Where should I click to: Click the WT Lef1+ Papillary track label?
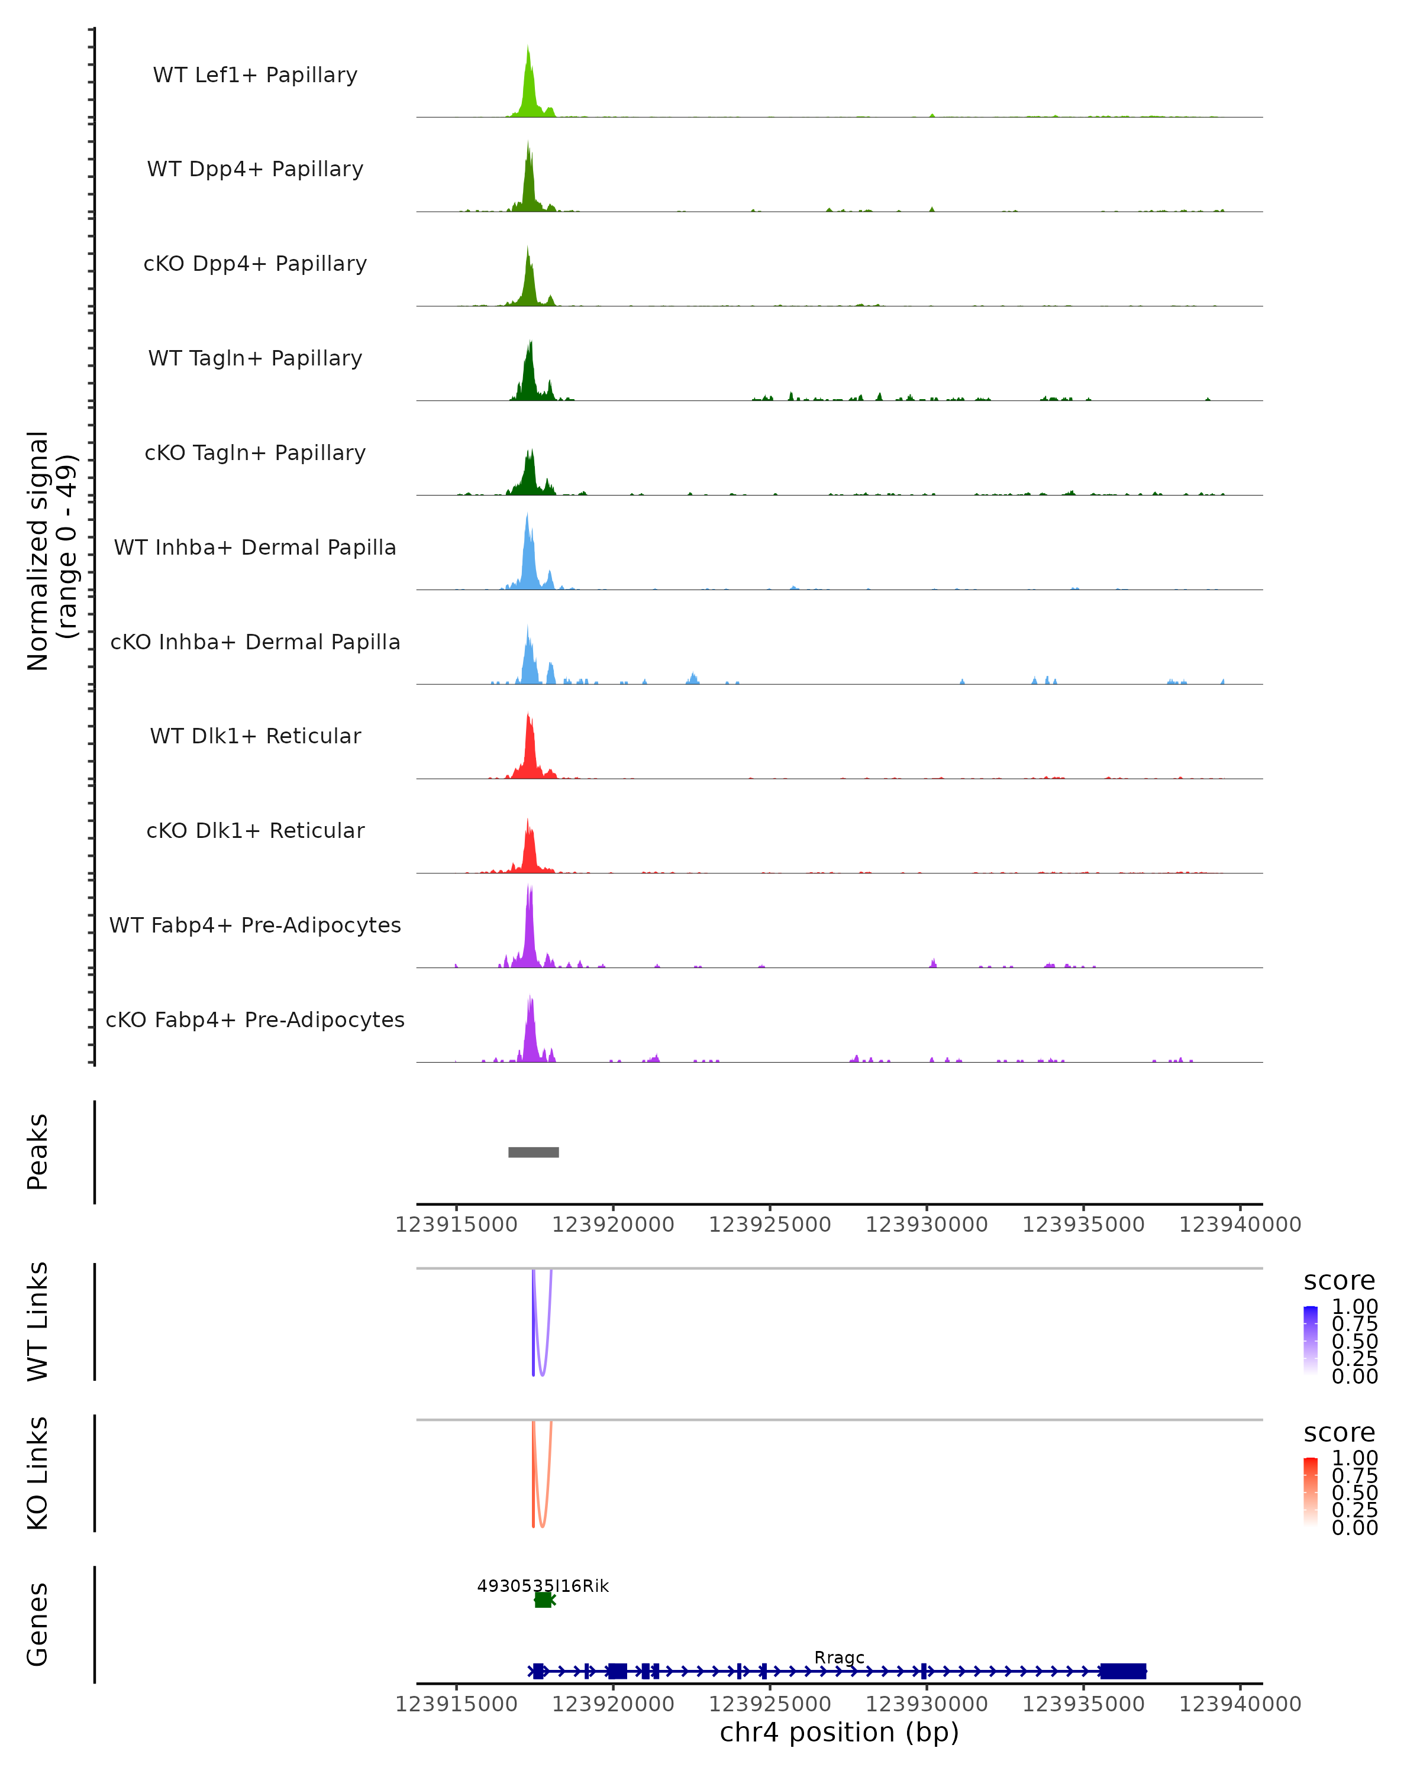255,75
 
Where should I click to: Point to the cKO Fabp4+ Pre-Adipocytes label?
255,1019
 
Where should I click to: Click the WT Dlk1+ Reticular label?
255,736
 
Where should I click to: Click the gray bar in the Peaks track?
534,1152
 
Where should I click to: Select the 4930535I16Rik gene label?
543,1585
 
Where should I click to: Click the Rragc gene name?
839,1657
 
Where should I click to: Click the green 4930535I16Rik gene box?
543,1600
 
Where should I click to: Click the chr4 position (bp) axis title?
839,1732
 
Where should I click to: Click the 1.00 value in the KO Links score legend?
1354,1458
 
